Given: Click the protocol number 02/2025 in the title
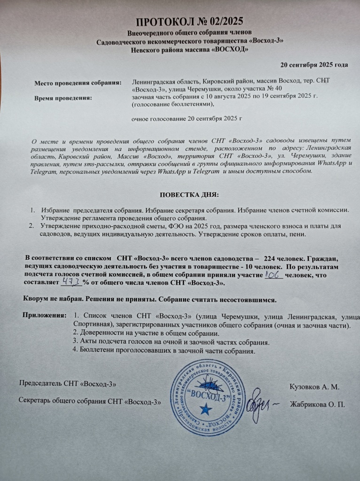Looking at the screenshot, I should [211, 22].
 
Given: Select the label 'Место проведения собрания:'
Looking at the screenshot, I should [78, 83].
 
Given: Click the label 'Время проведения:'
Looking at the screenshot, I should [64, 98].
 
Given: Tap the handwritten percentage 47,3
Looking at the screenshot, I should [71, 283].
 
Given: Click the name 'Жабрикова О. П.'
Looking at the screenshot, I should [318, 404].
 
